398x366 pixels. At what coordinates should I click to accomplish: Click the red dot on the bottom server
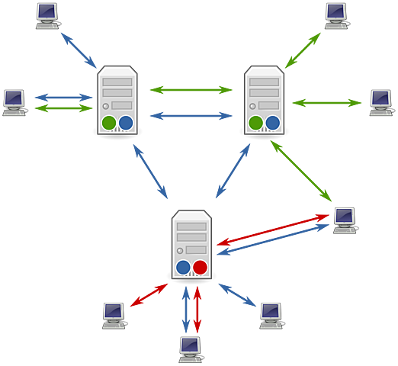pyautogui.click(x=200, y=267)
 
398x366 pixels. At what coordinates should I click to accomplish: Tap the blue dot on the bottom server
pyautogui.click(x=183, y=267)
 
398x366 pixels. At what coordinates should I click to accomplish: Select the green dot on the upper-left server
pyautogui.click(x=109, y=122)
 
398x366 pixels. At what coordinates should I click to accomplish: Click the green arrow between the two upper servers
pyautogui.click(x=191, y=89)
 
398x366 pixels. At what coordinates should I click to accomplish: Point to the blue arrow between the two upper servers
pyautogui.click(x=191, y=116)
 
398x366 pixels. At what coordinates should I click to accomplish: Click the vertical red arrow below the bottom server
pyautogui.click(x=198, y=308)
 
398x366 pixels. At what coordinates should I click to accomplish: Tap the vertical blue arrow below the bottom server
pyautogui.click(x=185, y=308)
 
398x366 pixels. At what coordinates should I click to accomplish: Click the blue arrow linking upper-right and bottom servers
pyautogui.click(x=233, y=171)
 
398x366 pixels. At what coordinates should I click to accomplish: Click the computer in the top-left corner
pyautogui.click(x=47, y=15)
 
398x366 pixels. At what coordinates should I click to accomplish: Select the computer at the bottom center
pyautogui.click(x=191, y=348)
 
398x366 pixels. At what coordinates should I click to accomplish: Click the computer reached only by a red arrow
pyautogui.click(x=114, y=313)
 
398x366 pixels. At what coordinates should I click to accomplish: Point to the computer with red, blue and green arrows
pyautogui.click(x=345, y=219)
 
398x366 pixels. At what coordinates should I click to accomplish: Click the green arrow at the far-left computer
pyautogui.click(x=64, y=110)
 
